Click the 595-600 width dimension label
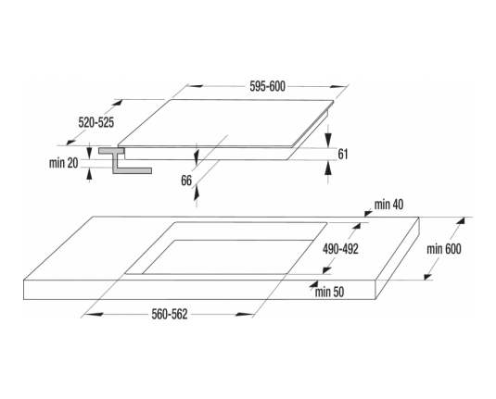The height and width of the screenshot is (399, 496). (267, 86)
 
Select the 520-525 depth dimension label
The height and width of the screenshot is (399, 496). (96, 122)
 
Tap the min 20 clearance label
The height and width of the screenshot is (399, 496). (63, 163)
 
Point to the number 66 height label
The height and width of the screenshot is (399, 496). (186, 181)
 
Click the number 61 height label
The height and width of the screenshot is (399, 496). (343, 155)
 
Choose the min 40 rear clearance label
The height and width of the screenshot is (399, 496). (388, 205)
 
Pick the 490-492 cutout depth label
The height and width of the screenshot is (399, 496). (340, 249)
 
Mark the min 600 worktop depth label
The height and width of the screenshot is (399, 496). (444, 249)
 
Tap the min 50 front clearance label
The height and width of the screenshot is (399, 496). (329, 292)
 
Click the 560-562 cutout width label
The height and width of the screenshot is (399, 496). (170, 314)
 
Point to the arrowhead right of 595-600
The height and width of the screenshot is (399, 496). (338, 86)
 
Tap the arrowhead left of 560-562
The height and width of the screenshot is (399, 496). (95, 315)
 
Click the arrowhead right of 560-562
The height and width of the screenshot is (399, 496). (245, 315)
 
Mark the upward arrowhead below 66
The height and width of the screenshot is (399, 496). (197, 193)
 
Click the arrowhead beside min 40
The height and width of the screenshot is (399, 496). (368, 213)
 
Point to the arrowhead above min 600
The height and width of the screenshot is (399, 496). (461, 220)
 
